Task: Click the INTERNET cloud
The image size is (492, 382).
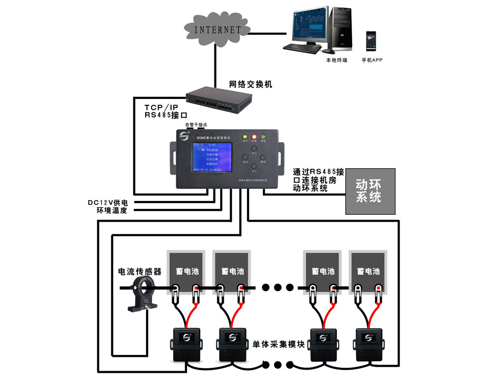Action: (217, 29)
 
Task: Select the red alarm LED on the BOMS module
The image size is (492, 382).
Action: (254, 137)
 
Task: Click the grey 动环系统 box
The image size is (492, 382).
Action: (370, 191)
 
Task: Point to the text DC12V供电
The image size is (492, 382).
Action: (107, 202)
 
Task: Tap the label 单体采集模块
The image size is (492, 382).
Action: (278, 344)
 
